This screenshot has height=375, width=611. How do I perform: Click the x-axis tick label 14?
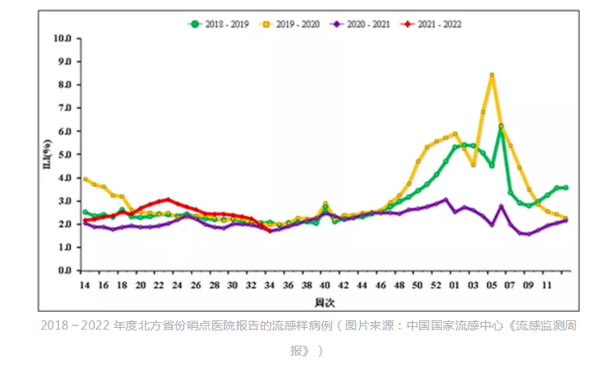[85, 285]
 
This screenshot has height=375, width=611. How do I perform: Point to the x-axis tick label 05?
[491, 285]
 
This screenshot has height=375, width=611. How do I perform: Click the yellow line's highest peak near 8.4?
[491, 76]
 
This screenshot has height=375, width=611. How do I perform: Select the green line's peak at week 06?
[501, 127]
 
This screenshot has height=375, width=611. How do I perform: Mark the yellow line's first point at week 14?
[85, 179]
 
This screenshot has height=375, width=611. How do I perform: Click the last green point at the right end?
[566, 187]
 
